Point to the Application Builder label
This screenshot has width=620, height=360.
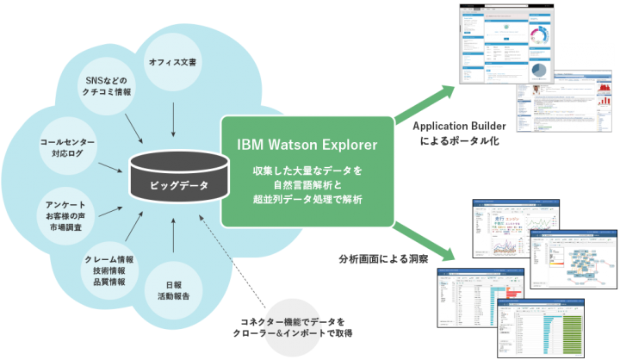click(456, 125)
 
